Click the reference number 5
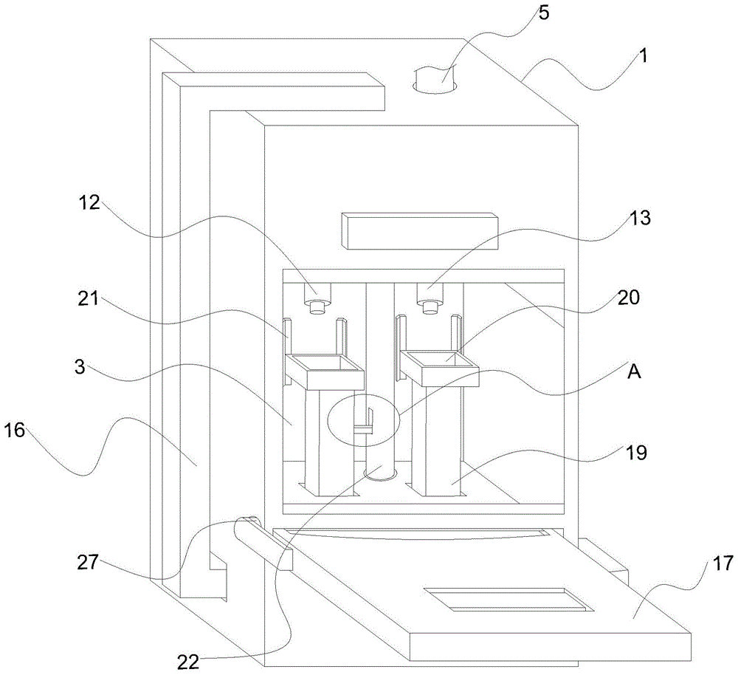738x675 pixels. pyautogui.click(x=543, y=13)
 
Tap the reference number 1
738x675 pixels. pyautogui.click(x=643, y=57)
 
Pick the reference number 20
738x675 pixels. pyautogui.click(x=628, y=298)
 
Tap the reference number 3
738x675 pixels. pyautogui.click(x=80, y=366)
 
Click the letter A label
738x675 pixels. pyautogui.click(x=635, y=371)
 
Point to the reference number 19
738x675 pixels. pyautogui.click(x=636, y=452)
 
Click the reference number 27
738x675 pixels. pyautogui.click(x=89, y=562)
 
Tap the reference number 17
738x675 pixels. pyautogui.click(x=723, y=563)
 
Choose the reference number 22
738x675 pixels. pyautogui.click(x=189, y=662)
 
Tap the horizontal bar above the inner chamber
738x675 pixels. pyautogui.click(x=421, y=231)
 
